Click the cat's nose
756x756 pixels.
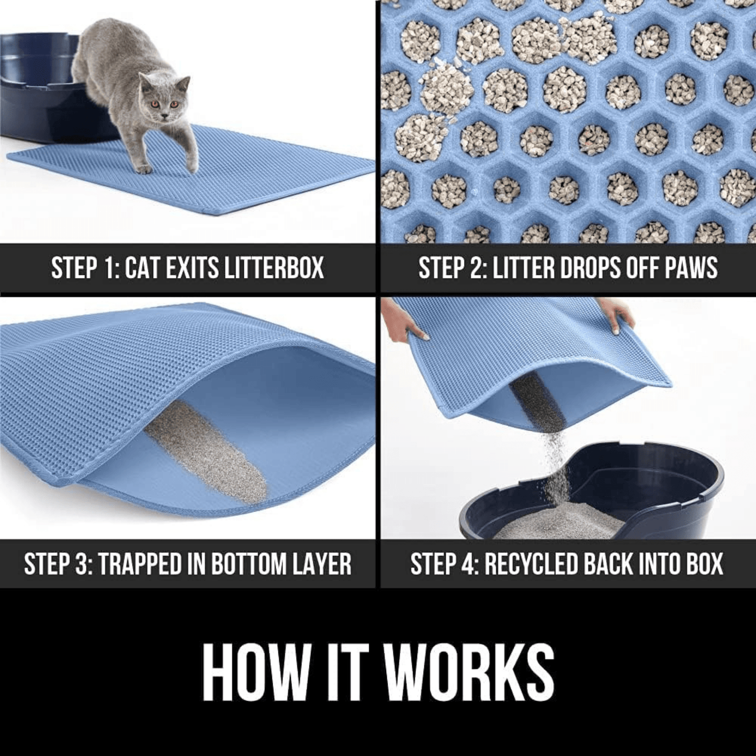(x=165, y=115)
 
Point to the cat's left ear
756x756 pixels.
(x=184, y=84)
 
